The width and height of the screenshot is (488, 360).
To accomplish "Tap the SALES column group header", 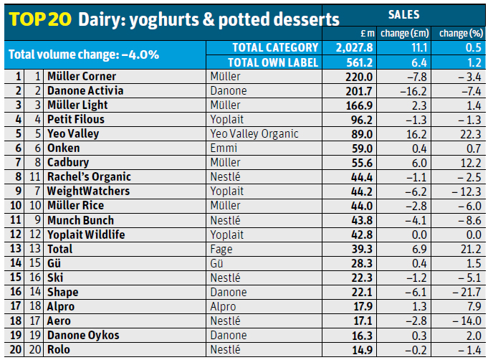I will coord(403,14).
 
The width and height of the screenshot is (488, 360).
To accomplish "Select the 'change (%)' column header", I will coord(461,33).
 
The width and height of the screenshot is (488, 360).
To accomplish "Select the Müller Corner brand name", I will coord(82,76).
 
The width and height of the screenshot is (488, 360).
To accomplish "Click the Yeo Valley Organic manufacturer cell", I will coord(254,134).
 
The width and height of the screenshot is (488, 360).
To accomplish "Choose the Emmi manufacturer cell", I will coord(224,148).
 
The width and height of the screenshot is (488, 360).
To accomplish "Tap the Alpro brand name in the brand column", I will coord(62,306).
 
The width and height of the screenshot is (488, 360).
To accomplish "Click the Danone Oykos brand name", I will coord(83,336).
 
